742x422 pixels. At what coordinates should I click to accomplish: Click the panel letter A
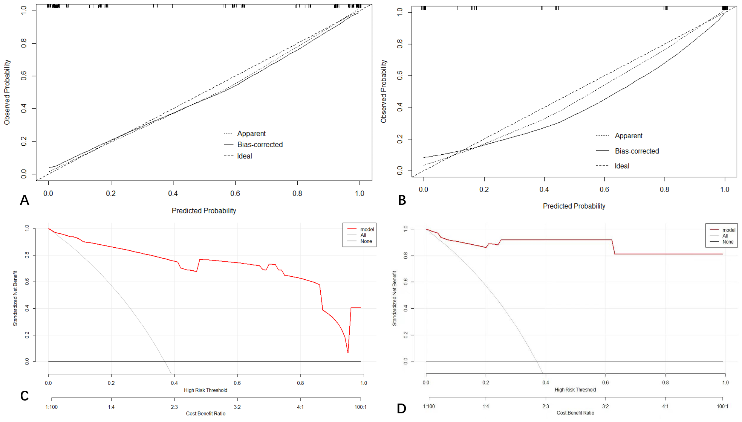[24, 200]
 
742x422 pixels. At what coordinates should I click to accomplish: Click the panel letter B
[402, 200]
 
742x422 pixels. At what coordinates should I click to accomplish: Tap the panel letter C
[24, 396]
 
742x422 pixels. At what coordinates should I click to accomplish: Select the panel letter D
[401, 408]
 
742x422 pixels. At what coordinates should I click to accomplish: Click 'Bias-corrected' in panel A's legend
[260, 145]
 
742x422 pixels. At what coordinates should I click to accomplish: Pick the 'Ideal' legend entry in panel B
[622, 166]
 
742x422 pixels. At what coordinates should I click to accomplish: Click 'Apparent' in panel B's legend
[628, 136]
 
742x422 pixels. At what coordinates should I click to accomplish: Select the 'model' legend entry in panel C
[367, 229]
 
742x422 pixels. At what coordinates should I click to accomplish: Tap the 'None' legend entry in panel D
[728, 242]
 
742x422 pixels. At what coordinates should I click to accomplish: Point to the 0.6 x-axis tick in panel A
[235, 193]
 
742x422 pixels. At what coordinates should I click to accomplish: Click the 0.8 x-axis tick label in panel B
[664, 189]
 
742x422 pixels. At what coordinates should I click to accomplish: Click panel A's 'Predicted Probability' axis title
[204, 211]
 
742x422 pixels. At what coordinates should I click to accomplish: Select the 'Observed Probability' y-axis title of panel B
[384, 91]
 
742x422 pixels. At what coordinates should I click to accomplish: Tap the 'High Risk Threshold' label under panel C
[205, 390]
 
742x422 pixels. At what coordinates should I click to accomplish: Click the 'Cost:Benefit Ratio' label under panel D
[575, 413]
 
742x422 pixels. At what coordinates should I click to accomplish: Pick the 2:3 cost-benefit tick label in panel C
[174, 407]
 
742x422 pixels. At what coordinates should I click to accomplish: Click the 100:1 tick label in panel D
[722, 407]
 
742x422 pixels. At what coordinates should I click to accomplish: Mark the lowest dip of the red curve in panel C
[347, 352]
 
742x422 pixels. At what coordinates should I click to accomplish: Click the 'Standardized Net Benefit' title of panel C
[15, 298]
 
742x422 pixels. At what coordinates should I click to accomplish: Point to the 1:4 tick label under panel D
[485, 407]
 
